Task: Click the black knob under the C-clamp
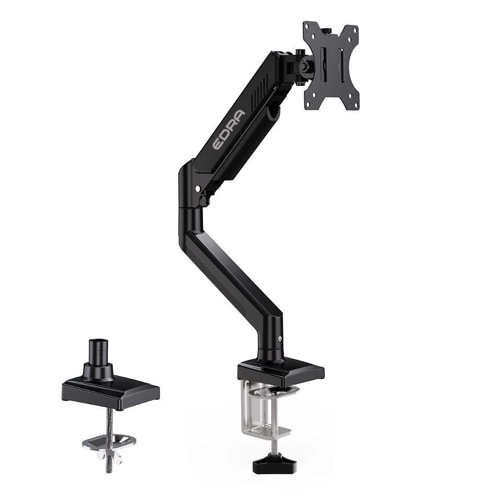pos(267,465)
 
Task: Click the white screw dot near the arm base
pos(281,339)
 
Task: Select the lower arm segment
pos(230,272)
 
